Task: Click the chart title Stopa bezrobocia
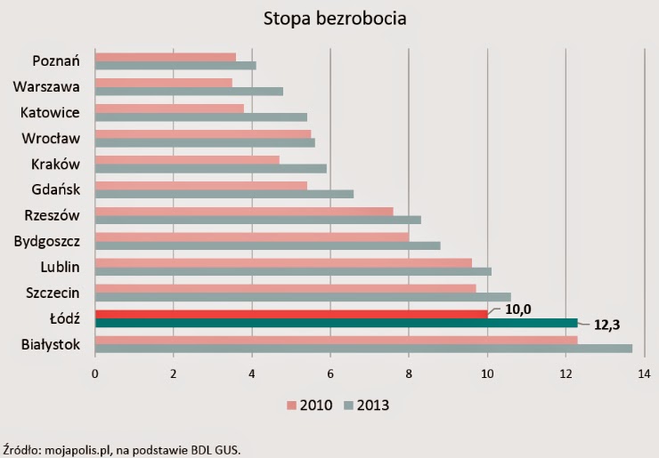point(329,18)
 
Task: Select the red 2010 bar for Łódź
point(291,313)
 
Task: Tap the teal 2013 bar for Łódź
point(336,323)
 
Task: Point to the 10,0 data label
point(519,309)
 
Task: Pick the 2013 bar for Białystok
point(363,349)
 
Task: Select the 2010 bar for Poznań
point(166,57)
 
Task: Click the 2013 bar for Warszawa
point(189,91)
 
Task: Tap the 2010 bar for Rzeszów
point(244,211)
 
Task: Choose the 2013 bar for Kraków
point(211,168)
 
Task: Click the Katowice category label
point(51,113)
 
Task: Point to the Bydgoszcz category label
point(47,241)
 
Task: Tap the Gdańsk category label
point(56,189)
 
